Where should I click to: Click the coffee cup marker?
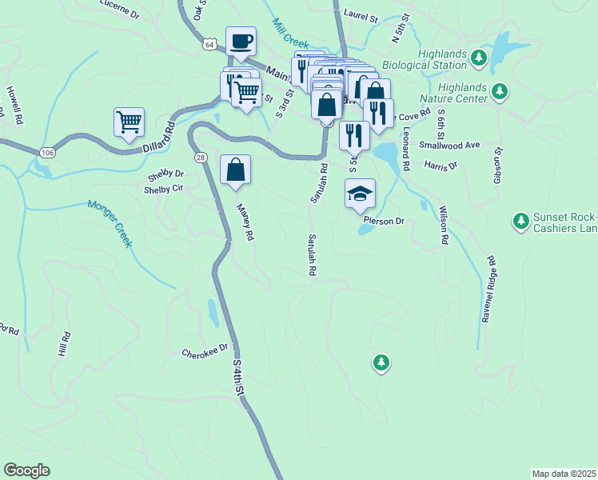(241, 41)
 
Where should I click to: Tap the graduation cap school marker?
(360, 193)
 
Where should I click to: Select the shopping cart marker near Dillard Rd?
(129, 122)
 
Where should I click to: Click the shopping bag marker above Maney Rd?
(235, 170)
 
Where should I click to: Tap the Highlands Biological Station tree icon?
(479, 57)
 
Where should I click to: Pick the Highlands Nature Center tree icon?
(500, 91)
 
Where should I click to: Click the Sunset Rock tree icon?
(520, 219)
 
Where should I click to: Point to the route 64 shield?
(209, 45)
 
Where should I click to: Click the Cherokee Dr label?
(205, 350)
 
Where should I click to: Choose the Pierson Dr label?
(384, 220)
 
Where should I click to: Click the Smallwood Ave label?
(454, 145)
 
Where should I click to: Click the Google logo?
(26, 470)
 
